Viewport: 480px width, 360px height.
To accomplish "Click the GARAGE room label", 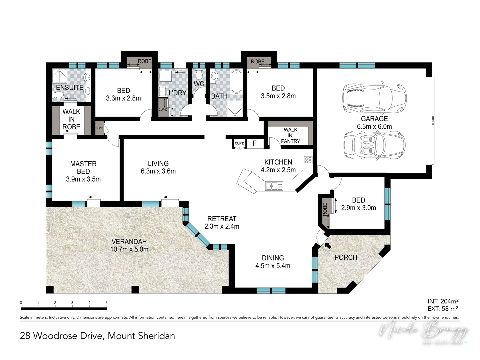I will (x=374, y=119).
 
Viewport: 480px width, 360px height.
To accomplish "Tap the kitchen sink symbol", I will (x=274, y=186).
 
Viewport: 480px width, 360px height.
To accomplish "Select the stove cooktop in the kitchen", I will (x=308, y=160).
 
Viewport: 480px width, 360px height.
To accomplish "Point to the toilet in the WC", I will (x=199, y=74).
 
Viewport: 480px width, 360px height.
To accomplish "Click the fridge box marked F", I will (x=255, y=143).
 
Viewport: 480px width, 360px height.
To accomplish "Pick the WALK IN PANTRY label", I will (x=290, y=135).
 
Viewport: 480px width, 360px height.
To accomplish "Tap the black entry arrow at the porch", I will (x=328, y=246).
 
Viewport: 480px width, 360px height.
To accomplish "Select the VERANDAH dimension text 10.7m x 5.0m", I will (x=129, y=249).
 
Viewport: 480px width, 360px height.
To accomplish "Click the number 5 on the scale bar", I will (x=107, y=303).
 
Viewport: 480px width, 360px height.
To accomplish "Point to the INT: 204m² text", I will (x=443, y=301).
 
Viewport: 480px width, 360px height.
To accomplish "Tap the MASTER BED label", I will (x=83, y=168).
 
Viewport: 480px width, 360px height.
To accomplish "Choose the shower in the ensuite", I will (x=59, y=76).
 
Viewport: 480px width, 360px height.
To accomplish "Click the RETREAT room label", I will (x=222, y=219).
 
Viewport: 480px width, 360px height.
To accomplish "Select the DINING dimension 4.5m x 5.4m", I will (x=273, y=266).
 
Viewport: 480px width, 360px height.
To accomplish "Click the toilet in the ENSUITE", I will (x=58, y=96).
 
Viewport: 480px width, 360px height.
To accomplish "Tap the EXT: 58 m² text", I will (x=443, y=309).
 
